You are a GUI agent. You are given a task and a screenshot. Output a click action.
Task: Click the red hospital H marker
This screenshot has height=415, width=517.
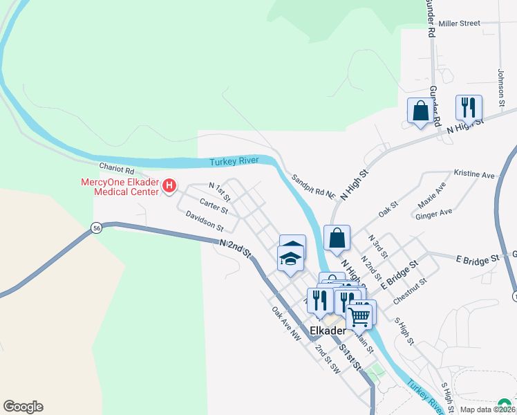[x=169, y=186]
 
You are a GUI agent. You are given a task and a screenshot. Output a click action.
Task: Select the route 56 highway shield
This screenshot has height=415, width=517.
[x=97, y=228]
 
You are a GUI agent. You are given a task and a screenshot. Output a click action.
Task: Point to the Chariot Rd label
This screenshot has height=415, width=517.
[x=116, y=168]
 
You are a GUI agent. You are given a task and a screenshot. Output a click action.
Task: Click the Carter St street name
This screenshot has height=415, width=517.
[x=214, y=206]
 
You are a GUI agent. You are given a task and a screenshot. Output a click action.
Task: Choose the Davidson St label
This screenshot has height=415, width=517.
[x=205, y=221]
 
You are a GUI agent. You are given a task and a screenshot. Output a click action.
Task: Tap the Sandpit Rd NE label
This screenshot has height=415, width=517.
[x=313, y=187]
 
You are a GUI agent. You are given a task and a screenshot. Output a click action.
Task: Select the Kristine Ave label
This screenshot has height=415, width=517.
[x=474, y=174]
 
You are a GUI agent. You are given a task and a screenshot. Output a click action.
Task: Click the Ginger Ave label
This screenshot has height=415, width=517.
[x=433, y=214]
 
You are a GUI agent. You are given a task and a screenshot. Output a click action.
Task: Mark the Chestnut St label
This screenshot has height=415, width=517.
[x=411, y=291]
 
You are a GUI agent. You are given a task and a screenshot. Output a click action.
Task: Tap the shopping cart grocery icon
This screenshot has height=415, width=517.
[x=359, y=315]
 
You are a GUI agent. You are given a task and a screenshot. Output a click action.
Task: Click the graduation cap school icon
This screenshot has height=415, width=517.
[x=291, y=259]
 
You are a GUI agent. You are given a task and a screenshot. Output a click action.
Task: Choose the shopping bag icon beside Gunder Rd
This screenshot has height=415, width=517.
[x=420, y=111]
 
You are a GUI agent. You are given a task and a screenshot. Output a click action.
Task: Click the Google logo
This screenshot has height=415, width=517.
[x=23, y=407]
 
